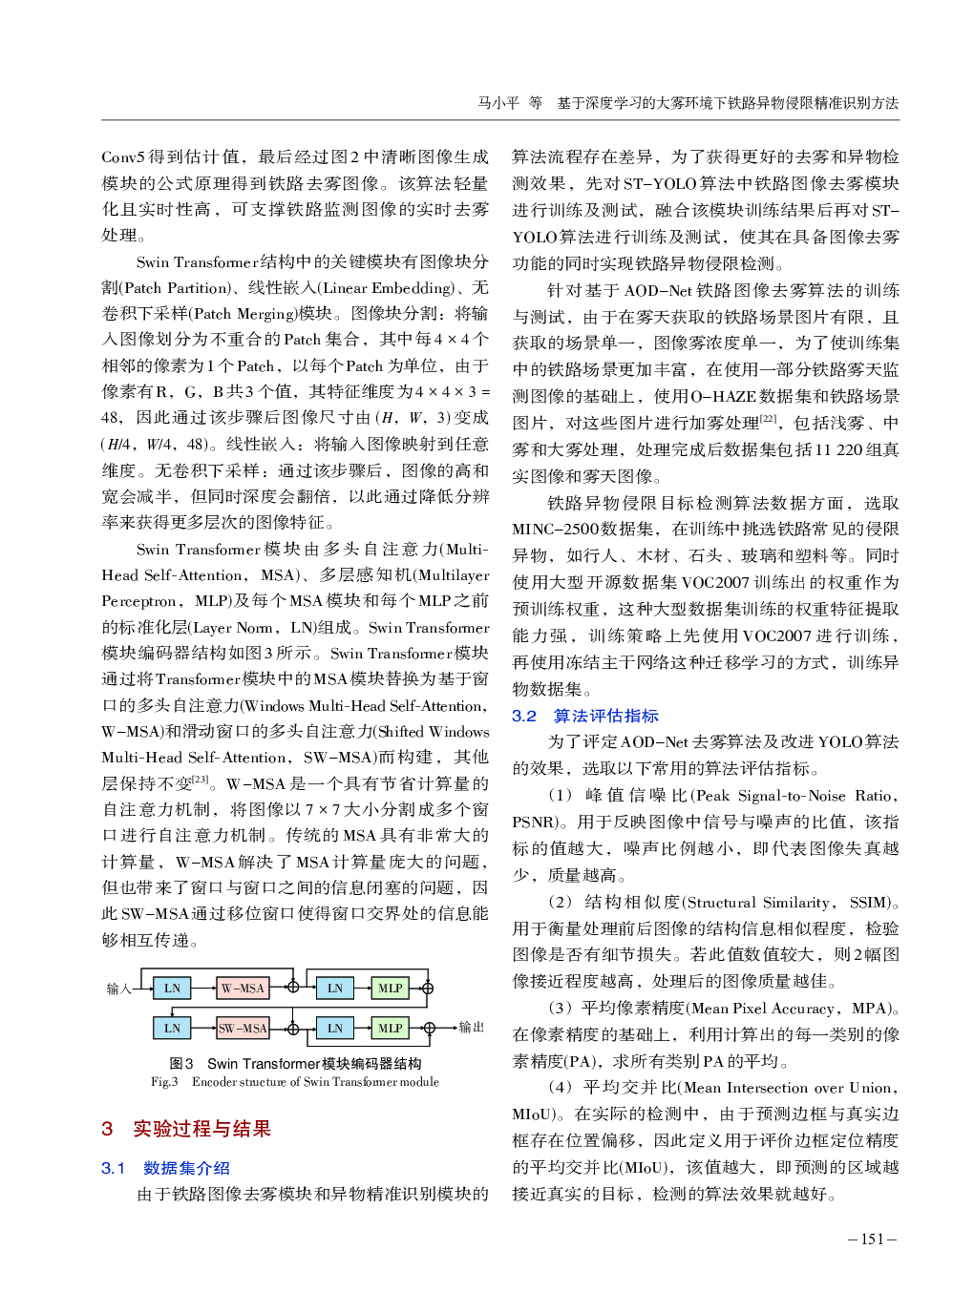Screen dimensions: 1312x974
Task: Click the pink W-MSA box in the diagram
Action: (x=243, y=988)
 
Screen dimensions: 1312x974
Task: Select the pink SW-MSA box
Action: (x=243, y=1028)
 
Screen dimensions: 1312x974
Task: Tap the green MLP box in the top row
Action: (x=390, y=988)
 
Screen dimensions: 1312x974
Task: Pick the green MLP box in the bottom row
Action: (x=390, y=1028)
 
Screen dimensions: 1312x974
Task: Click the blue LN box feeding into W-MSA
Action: (x=172, y=988)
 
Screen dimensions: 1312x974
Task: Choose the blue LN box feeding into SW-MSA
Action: (x=172, y=1028)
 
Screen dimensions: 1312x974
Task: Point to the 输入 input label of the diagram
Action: (x=118, y=989)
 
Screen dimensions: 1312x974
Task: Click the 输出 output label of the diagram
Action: (x=472, y=1028)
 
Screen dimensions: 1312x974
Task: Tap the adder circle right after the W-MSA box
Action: (x=293, y=988)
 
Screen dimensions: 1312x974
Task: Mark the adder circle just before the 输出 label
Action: (x=429, y=1028)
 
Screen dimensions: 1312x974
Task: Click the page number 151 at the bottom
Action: (x=872, y=1239)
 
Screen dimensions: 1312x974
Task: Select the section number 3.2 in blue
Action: (x=524, y=716)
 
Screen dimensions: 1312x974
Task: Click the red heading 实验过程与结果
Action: (x=201, y=1129)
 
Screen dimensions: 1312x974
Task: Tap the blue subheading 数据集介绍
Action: (x=186, y=1168)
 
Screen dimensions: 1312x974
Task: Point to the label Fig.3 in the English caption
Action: (x=164, y=1082)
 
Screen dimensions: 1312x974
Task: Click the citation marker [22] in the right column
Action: (x=769, y=418)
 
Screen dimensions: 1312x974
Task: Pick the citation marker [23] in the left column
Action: (x=201, y=779)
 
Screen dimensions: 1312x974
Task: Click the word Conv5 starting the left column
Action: (x=123, y=156)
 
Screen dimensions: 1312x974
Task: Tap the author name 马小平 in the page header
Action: (x=498, y=103)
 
